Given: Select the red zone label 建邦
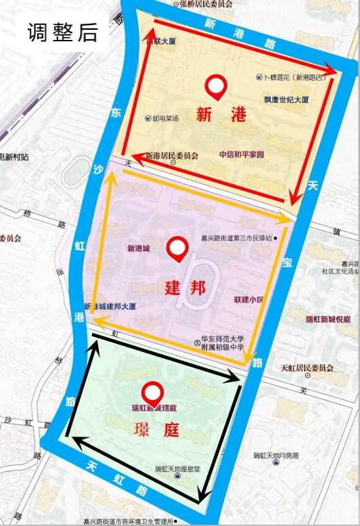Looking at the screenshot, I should [x=184, y=287].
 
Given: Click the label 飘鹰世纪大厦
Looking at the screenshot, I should [x=286, y=100].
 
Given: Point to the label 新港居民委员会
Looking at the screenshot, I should [x=172, y=156].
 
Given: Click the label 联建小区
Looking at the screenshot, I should [x=248, y=299].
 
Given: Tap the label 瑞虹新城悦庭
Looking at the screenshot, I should [x=328, y=319].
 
